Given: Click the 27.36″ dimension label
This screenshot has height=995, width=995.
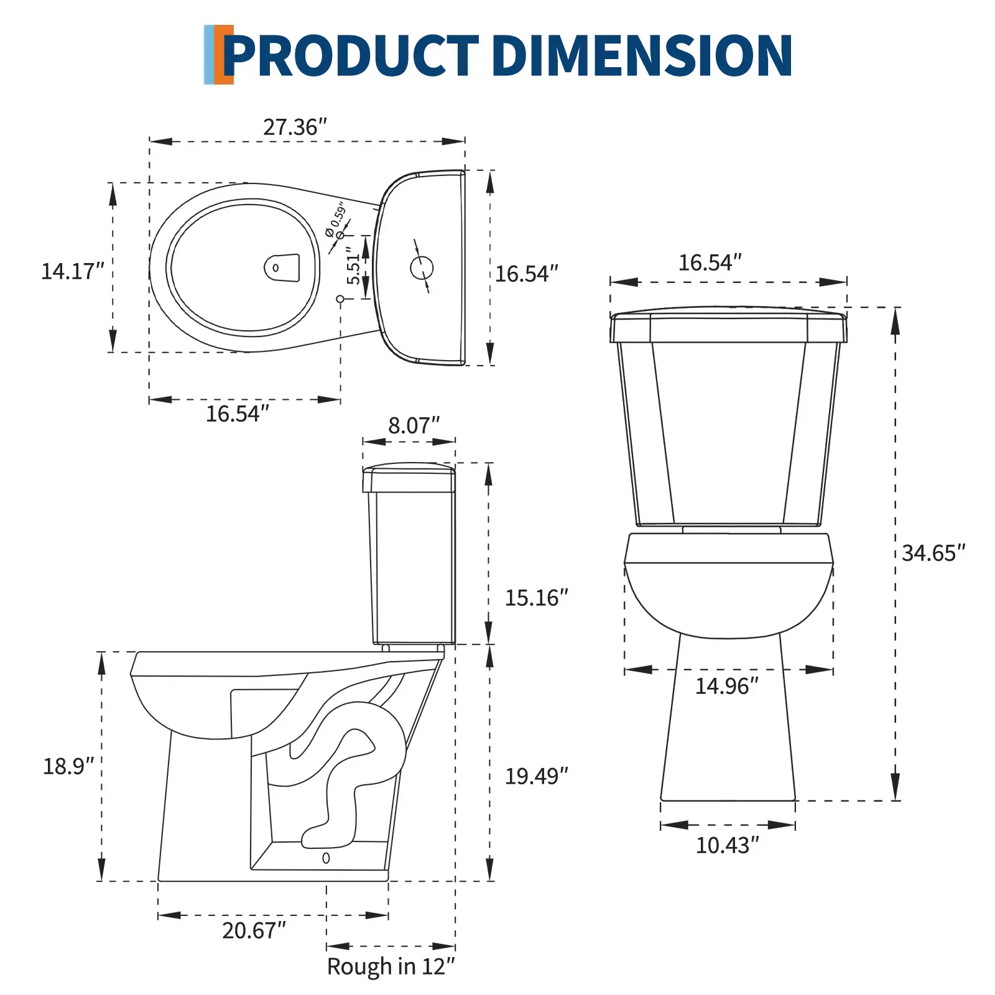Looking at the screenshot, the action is [295, 127].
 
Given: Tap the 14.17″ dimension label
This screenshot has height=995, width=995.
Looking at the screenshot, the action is [72, 271].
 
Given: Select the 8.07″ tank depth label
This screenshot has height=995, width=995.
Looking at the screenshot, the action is [414, 425].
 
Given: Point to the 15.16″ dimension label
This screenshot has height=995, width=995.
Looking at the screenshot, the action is [536, 598].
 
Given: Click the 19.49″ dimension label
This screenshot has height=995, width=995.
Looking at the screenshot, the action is [536, 776].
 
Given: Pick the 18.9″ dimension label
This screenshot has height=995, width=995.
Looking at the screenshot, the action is [68, 766].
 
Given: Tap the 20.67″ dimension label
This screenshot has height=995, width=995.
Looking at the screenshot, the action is [254, 930].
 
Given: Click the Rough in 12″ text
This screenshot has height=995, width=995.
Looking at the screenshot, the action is [391, 967].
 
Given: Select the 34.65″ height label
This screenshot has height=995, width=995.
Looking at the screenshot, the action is [933, 553].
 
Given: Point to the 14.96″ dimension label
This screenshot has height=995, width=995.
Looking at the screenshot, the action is [726, 686].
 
